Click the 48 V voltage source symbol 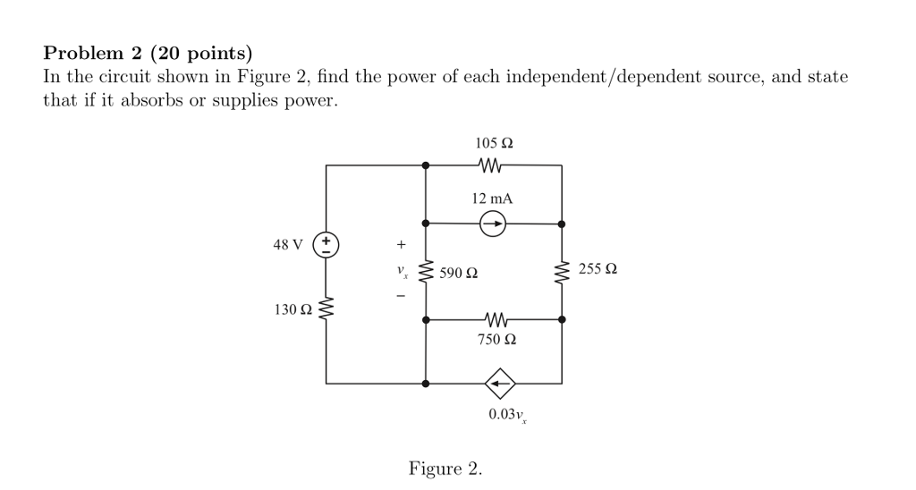(327, 244)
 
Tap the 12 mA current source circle (493, 224)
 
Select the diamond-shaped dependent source (500, 383)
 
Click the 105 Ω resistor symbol (493, 165)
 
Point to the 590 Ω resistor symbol (426, 272)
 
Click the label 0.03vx (505, 415)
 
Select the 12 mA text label (493, 198)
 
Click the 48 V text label (288, 244)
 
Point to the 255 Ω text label (598, 268)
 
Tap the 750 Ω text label (498, 341)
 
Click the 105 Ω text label (494, 143)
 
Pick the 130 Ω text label (293, 310)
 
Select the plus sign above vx (402, 243)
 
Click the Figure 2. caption (445, 468)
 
